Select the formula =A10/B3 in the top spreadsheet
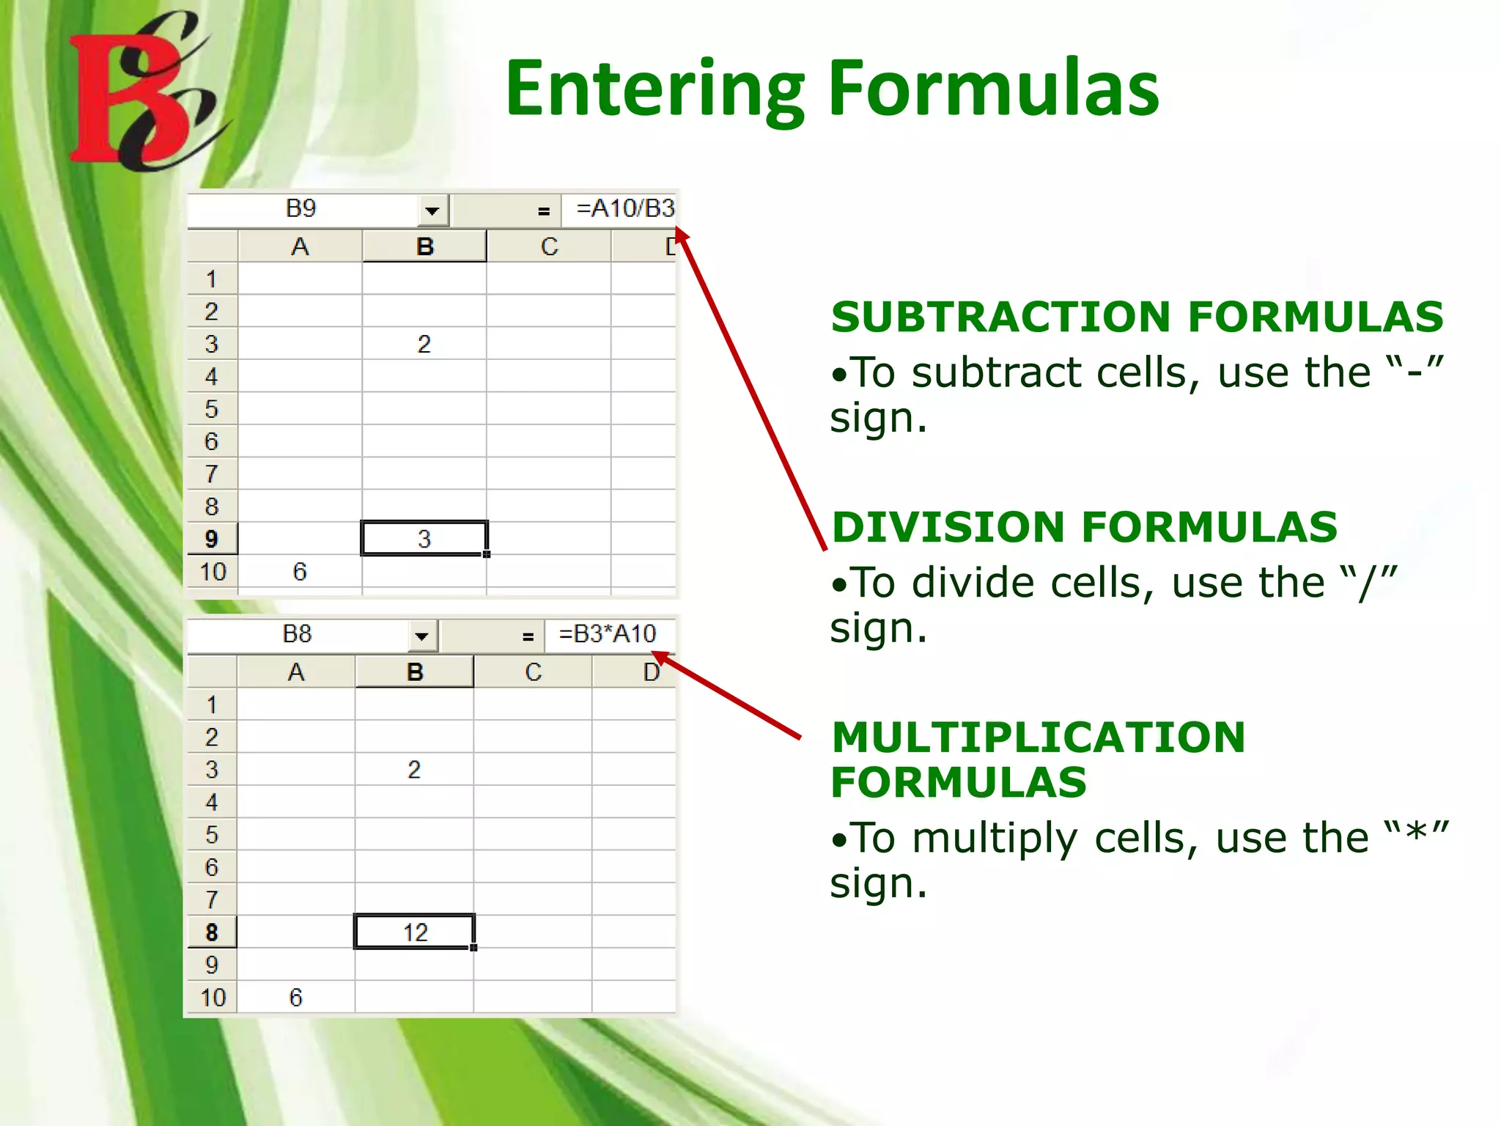(x=624, y=209)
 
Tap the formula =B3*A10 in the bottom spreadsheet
(x=607, y=634)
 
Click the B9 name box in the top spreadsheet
(x=300, y=209)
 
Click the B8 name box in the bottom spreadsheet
(x=297, y=634)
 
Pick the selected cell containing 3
(x=424, y=539)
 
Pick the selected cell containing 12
(x=415, y=932)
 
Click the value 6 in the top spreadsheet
(x=299, y=572)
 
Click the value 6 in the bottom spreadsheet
(x=295, y=997)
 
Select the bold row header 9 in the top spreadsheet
(x=211, y=539)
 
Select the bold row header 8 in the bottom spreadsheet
(x=211, y=932)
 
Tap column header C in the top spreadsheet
(x=549, y=247)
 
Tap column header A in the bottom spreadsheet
(x=295, y=672)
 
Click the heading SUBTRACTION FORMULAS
(x=1137, y=317)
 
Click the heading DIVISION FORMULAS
(x=1085, y=527)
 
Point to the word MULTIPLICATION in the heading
(x=1039, y=737)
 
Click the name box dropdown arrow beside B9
(x=432, y=211)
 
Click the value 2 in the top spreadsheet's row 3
(x=424, y=344)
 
